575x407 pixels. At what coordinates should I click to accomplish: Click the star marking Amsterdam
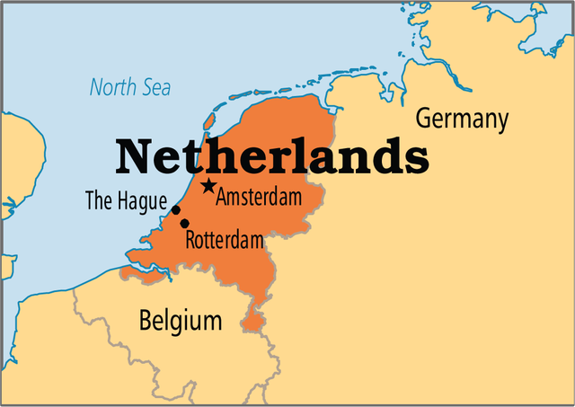[208, 186]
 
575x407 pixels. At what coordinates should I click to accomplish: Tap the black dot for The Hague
[176, 210]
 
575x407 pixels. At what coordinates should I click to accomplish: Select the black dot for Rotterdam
[184, 223]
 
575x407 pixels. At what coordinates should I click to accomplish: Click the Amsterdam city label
[259, 197]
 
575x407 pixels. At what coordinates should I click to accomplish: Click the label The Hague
[126, 201]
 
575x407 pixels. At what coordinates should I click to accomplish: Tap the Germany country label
[462, 119]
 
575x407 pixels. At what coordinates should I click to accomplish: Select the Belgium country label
[180, 319]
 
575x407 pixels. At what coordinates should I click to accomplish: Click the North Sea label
[130, 88]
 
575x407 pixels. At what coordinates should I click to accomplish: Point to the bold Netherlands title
[272, 156]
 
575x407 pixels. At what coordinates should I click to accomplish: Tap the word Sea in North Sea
[154, 88]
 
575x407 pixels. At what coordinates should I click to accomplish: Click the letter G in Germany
[422, 118]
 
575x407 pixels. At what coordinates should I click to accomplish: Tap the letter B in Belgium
[146, 319]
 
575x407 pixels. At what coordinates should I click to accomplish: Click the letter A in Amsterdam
[223, 197]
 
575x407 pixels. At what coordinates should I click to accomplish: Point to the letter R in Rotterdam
[190, 240]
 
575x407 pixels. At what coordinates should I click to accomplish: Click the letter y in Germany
[501, 122]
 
